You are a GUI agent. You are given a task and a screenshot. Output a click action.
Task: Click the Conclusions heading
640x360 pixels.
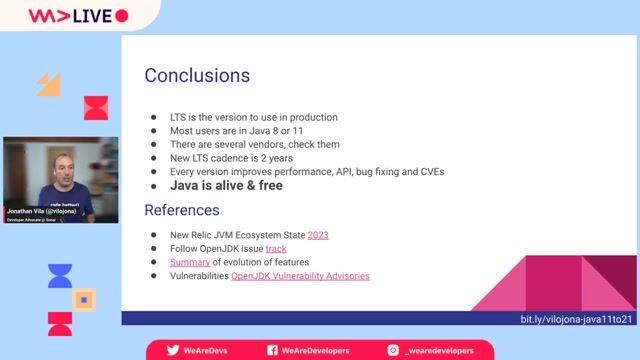197,76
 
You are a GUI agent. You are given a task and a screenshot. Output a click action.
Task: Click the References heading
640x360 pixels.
182,211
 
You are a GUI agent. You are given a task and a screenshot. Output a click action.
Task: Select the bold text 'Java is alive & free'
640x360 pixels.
226,186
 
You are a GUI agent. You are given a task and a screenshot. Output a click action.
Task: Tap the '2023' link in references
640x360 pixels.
318,235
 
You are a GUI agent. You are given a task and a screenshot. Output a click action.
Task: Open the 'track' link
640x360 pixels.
276,249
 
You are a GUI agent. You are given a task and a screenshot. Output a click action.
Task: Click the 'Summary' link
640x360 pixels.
189,262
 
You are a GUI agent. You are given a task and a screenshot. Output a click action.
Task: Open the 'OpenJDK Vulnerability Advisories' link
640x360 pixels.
300,276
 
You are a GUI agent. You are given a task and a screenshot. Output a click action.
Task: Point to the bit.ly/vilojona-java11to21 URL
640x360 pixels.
576,319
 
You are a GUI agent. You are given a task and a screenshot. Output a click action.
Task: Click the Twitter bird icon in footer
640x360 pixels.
173,350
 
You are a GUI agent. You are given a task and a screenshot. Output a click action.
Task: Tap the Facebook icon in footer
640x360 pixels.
272,350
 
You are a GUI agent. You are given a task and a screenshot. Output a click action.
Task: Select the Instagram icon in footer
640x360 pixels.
393,350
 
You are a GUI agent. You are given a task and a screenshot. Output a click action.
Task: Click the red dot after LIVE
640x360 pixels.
122,16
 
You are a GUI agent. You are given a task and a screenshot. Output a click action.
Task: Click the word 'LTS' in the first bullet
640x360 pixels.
179,117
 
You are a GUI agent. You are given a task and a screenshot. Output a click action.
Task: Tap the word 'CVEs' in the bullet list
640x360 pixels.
427,172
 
